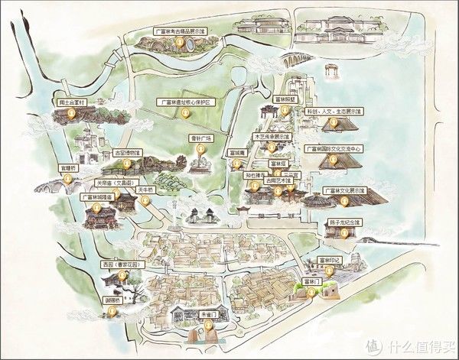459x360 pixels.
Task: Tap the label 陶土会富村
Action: coord(68,101)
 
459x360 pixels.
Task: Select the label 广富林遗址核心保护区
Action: coord(187,101)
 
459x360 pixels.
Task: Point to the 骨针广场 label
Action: coord(200,138)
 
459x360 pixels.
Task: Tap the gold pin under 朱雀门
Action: coord(207,329)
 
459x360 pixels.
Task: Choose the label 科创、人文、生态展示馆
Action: coord(335,111)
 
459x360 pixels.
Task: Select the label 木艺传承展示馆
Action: coord(273,136)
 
